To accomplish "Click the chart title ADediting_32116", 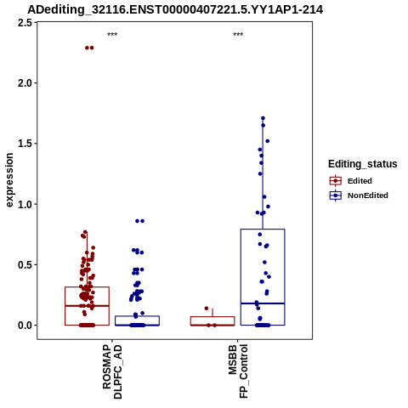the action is click(x=175, y=10).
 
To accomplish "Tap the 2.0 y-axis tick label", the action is click(x=25, y=83).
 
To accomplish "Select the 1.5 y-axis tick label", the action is click(x=25, y=144).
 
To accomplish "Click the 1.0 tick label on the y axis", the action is click(x=25, y=204).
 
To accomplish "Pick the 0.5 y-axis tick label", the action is click(x=25, y=265).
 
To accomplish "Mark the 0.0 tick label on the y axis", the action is click(x=25, y=326).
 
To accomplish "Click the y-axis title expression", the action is click(x=9, y=180).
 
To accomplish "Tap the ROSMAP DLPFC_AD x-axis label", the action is click(x=112, y=371).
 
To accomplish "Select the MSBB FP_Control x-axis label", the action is click(x=238, y=371).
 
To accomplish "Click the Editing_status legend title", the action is click(x=363, y=164).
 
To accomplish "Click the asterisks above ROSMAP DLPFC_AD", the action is click(x=112, y=35).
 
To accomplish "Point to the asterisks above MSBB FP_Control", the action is click(x=238, y=35).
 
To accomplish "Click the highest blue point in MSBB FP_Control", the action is click(x=263, y=118).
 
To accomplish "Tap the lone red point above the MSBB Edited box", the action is click(x=207, y=309).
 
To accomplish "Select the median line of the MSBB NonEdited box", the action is click(x=263, y=303).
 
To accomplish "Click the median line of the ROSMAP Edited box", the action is click(x=87, y=306).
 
